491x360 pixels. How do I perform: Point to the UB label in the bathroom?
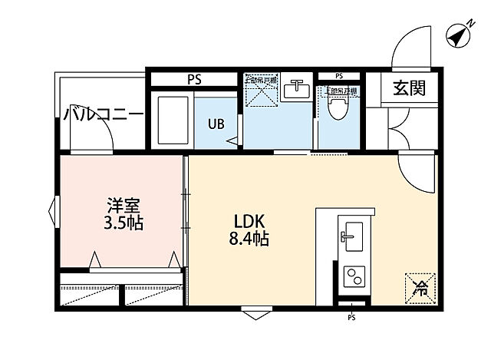tap(216, 121)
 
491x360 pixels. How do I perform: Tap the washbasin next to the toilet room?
tap(295, 90)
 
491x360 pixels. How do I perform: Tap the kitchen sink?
tap(353, 235)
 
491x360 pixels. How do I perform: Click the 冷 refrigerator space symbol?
tap(420, 288)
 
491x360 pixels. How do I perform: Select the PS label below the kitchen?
tap(351, 318)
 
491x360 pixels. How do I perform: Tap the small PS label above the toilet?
tap(339, 77)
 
